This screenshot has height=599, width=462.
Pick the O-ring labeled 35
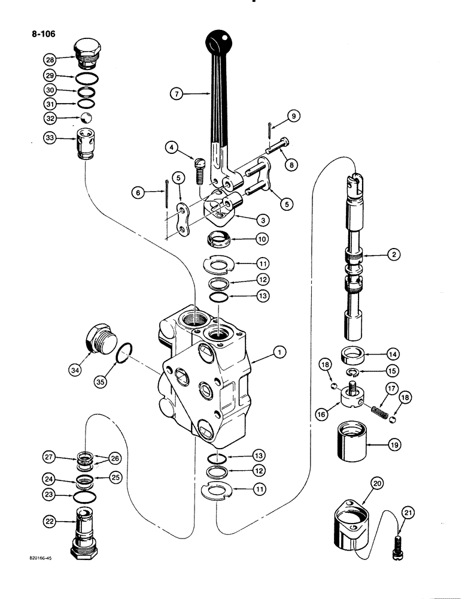[123, 355]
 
